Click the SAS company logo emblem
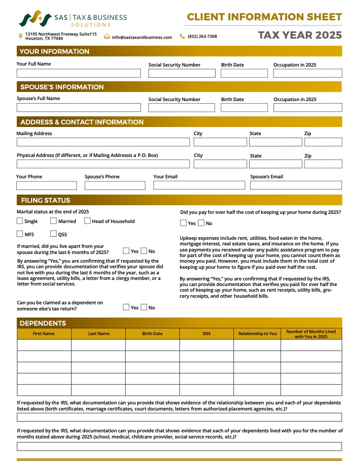(x=35, y=19)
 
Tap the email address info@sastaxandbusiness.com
(x=142, y=37)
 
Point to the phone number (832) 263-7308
(x=202, y=37)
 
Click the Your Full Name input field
(x=78, y=73)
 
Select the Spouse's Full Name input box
(x=78, y=108)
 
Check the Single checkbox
(x=20, y=221)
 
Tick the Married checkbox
(x=53, y=221)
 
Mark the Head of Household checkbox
(x=87, y=221)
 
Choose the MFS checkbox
(x=20, y=234)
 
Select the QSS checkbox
(x=53, y=234)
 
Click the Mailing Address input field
(x=103, y=142)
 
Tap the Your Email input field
(x=199, y=185)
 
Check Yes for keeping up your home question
(x=184, y=223)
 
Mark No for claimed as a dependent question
(x=144, y=307)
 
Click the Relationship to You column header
(x=257, y=334)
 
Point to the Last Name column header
(x=99, y=334)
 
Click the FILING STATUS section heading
(x=45, y=200)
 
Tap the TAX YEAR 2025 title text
(x=299, y=36)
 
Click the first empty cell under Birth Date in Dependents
(x=152, y=345)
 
